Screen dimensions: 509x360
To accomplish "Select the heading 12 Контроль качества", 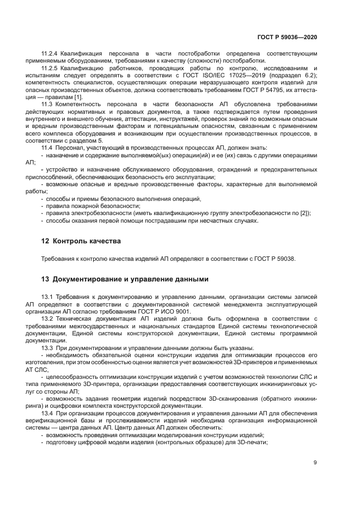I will point(81,241).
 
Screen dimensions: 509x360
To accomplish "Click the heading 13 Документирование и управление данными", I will point(125,279).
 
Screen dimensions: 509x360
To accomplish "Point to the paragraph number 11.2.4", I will point(50,54).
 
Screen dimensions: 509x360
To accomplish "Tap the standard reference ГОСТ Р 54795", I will point(256,89).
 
